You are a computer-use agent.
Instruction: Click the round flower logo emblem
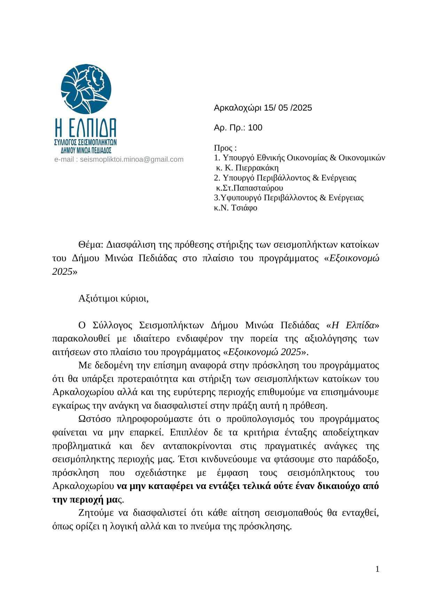click(86, 89)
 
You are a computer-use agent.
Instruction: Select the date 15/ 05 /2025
click(288, 108)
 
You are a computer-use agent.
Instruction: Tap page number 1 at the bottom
click(377, 569)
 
